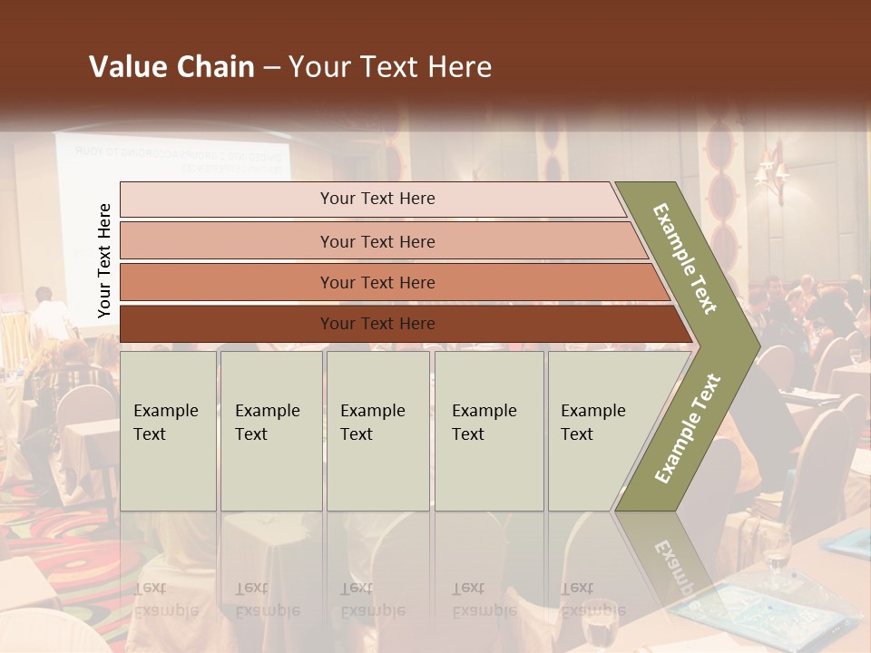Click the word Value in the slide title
pyautogui.click(x=126, y=67)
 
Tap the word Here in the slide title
pyautogui.click(x=458, y=67)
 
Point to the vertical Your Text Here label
pyautogui.click(x=104, y=261)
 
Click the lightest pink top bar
pyautogui.click(x=372, y=199)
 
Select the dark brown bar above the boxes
pyautogui.click(x=399, y=324)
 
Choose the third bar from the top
pyautogui.click(x=390, y=282)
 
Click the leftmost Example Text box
pyautogui.click(x=168, y=431)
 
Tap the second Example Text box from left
pyautogui.click(x=271, y=431)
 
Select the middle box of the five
pyautogui.click(x=377, y=431)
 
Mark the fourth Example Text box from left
pyautogui.click(x=489, y=431)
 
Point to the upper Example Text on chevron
pyautogui.click(x=685, y=258)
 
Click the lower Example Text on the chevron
pyautogui.click(x=687, y=429)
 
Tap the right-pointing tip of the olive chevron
pyautogui.click(x=755, y=346)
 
